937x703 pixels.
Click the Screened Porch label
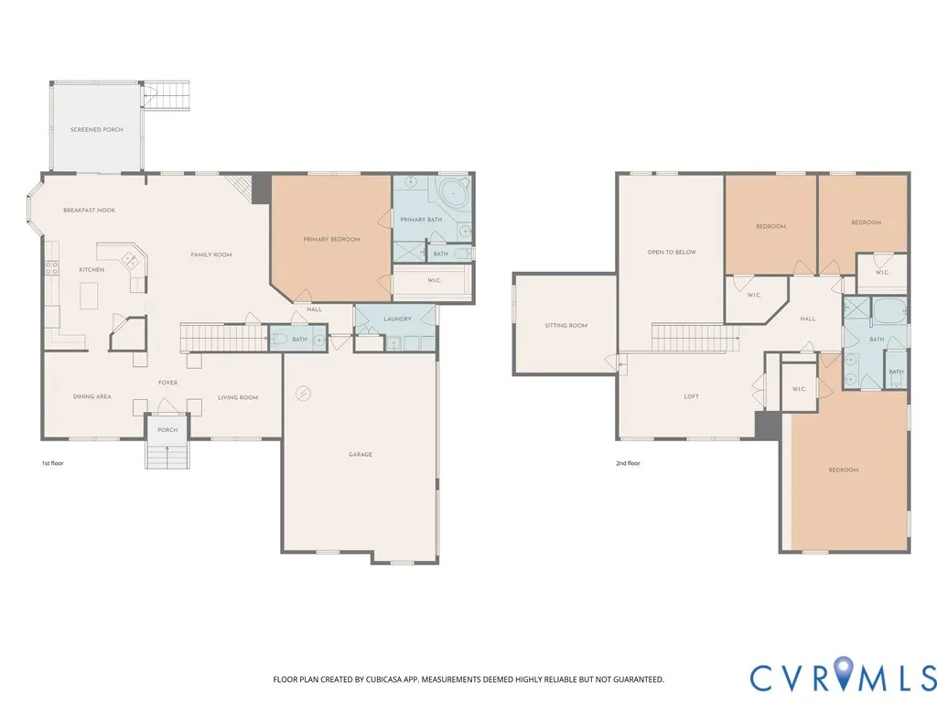pyautogui.click(x=97, y=130)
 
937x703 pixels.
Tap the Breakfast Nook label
pyautogui.click(x=90, y=211)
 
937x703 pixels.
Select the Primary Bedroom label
pyautogui.click(x=331, y=240)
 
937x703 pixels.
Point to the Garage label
pyautogui.click(x=361, y=454)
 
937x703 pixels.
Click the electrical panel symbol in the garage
pyautogui.click(x=304, y=394)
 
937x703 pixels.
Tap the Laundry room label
pyautogui.click(x=397, y=319)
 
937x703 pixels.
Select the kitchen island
pyautogui.click(x=90, y=297)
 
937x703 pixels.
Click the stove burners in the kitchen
pyautogui.click(x=52, y=268)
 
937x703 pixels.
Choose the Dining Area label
pyautogui.click(x=92, y=397)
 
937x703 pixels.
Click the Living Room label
pyautogui.click(x=238, y=397)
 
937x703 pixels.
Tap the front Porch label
pyautogui.click(x=168, y=430)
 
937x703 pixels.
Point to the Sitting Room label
pyautogui.click(x=565, y=326)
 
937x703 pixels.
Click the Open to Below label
pyautogui.click(x=672, y=253)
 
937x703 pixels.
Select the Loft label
pyautogui.click(x=692, y=396)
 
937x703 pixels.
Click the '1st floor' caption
pyautogui.click(x=52, y=463)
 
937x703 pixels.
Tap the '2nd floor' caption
pyautogui.click(x=628, y=463)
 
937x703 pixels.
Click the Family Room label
pyautogui.click(x=211, y=255)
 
